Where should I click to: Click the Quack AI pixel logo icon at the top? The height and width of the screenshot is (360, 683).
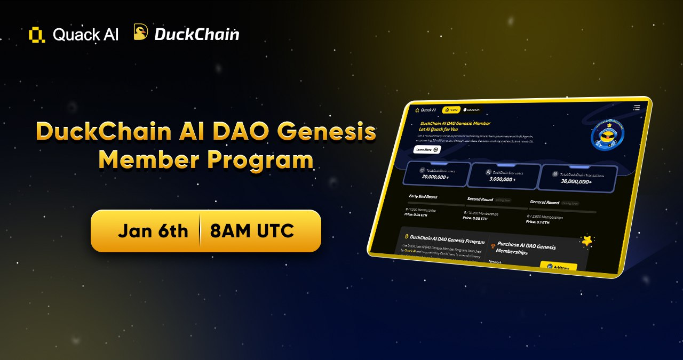(x=37, y=35)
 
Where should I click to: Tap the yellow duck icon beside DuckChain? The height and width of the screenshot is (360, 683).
(x=141, y=33)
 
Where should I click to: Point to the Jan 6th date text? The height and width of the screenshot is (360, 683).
(x=153, y=231)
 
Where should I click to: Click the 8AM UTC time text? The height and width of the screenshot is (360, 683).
(x=252, y=231)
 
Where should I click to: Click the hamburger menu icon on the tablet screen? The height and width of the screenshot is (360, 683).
(x=636, y=108)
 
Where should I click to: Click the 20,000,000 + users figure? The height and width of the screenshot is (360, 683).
(x=435, y=177)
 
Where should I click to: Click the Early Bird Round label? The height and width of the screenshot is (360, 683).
(x=423, y=197)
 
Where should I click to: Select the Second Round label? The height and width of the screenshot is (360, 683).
(x=480, y=199)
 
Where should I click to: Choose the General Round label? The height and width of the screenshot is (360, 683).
(x=544, y=202)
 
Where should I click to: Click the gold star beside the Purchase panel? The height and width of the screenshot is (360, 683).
(x=587, y=241)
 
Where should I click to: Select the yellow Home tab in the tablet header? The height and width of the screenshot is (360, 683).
(x=451, y=110)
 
